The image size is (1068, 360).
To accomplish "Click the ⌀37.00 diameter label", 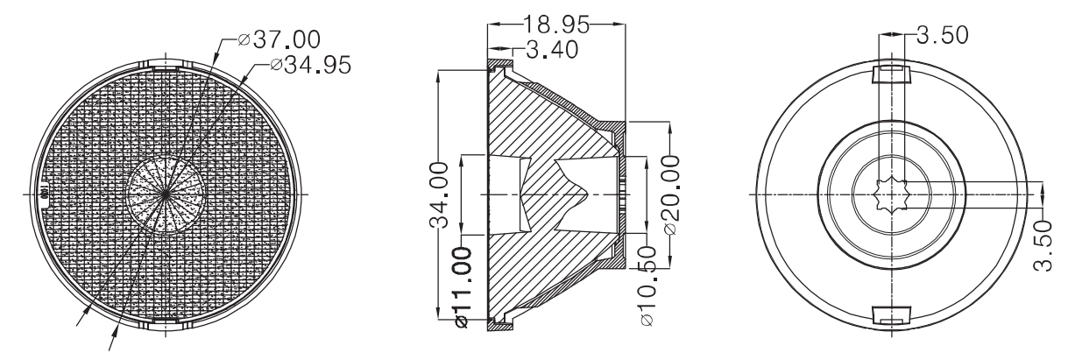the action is click(x=279, y=39).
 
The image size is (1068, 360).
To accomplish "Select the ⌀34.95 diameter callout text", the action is click(x=310, y=65).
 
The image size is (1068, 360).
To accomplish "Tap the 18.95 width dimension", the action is click(x=556, y=25).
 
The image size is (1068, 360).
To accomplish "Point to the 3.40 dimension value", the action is click(x=552, y=50).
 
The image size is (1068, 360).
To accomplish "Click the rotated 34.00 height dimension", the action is click(x=439, y=195).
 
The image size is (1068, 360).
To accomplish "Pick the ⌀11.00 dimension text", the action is click(x=463, y=287).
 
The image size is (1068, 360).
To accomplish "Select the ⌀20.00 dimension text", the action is click(x=671, y=194).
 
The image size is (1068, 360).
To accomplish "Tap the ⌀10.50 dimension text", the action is click(x=647, y=286).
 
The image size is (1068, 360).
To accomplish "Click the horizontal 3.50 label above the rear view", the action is click(x=943, y=35).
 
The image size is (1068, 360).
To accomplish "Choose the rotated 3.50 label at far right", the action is click(x=1043, y=245).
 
